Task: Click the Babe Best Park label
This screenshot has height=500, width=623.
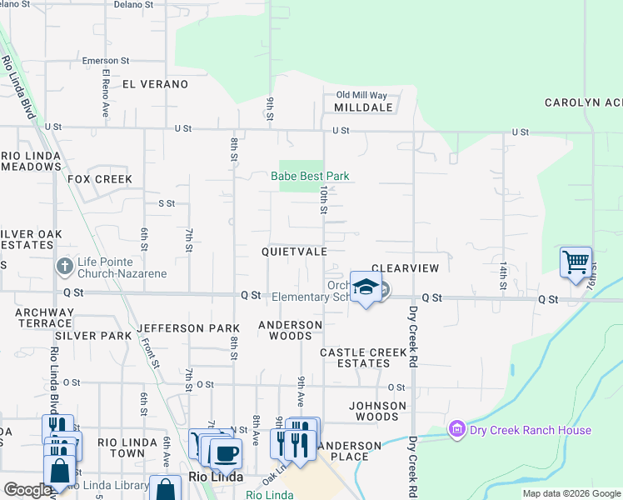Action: coord(310,176)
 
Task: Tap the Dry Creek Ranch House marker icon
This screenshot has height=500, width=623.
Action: coord(456,430)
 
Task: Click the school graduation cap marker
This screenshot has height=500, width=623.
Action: coord(365,287)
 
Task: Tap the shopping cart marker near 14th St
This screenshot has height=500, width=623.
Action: coord(576,262)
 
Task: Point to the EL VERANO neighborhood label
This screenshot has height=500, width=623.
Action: coord(155,84)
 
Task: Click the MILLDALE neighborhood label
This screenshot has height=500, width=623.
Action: coord(363,108)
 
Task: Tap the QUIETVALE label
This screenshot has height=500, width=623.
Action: coord(293,251)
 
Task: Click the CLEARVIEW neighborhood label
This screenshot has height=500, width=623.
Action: coord(405,268)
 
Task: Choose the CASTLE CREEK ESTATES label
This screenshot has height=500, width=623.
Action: coord(364,357)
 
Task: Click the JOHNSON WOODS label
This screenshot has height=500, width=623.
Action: coord(377,411)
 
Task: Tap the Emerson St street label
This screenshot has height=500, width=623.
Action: coord(106,61)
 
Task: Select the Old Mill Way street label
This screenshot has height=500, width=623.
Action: coord(361,96)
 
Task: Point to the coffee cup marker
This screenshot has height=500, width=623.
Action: coord(224,453)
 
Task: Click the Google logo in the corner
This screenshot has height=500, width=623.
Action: coord(27,490)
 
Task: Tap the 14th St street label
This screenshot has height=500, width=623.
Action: coord(503,275)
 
